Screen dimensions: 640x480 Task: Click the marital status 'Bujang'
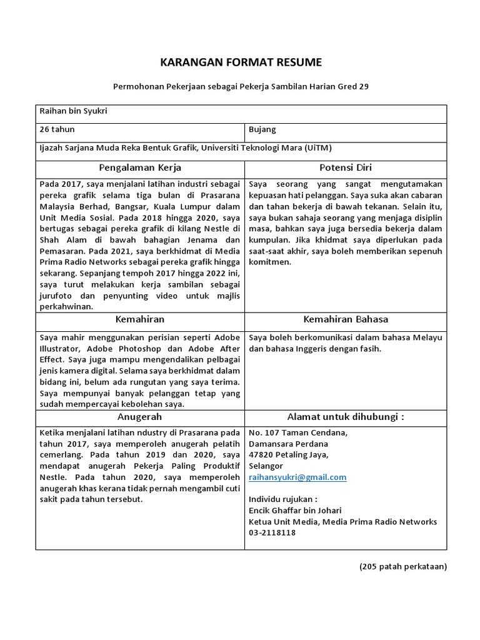coord(262,129)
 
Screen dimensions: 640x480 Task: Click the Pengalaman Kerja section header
coord(140,167)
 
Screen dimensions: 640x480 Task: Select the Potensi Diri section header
coord(345,167)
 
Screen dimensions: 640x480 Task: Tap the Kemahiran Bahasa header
coord(345,319)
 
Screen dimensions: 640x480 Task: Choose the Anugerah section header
coord(140,417)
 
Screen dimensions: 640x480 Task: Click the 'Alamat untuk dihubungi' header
coord(345,417)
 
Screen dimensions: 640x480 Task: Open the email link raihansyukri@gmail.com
coord(297,477)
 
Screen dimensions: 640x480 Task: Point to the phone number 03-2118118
coord(272,533)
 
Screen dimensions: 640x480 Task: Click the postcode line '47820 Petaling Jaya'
coord(288,454)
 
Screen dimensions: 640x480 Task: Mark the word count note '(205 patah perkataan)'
coord(402,567)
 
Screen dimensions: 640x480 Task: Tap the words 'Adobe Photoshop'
coord(122,349)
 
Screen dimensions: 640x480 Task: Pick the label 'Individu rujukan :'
coord(283,499)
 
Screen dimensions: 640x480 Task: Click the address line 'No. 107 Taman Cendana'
coord(298,432)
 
